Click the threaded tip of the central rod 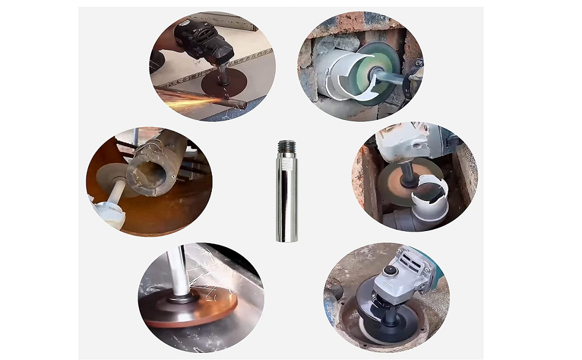point(286,147)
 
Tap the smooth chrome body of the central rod point(286,198)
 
